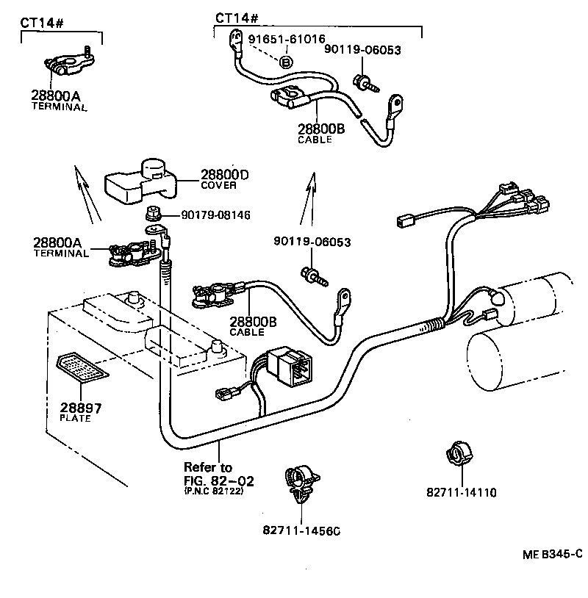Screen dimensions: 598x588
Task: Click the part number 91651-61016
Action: (x=286, y=39)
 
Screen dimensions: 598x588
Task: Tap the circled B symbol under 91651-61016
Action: (x=286, y=62)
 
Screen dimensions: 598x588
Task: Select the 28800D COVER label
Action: (x=224, y=179)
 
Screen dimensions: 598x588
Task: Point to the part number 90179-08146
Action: (x=206, y=215)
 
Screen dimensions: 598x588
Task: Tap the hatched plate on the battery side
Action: (x=82, y=367)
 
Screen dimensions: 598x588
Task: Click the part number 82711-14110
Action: (x=461, y=492)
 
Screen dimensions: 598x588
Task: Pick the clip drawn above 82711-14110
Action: (x=459, y=455)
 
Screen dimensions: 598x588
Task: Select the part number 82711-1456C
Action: (x=302, y=530)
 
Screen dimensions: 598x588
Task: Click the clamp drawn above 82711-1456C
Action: (x=300, y=484)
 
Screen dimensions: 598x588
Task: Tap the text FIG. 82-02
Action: (x=218, y=480)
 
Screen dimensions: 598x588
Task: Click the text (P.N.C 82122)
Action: (x=213, y=491)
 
